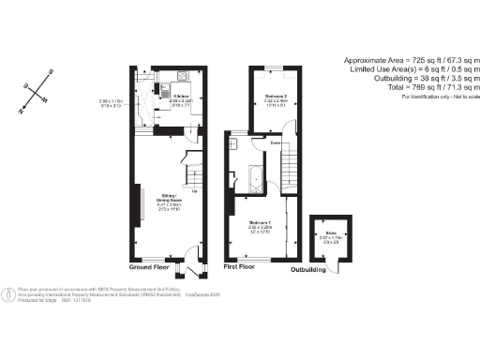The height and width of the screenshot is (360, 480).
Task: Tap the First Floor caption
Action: click(x=241, y=267)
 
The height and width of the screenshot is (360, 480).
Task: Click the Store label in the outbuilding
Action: click(x=331, y=233)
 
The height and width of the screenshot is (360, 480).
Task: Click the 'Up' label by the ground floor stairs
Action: click(x=194, y=193)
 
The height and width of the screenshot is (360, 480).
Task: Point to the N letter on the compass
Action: click(x=22, y=110)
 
